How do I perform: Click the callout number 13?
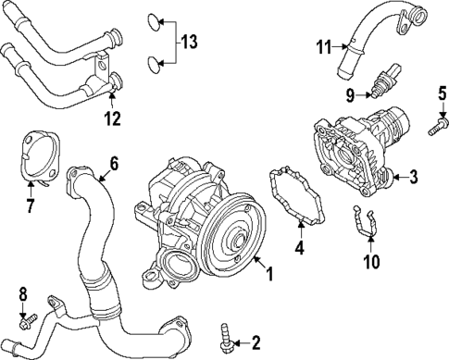tap(189, 42)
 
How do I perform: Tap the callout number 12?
tap(112, 118)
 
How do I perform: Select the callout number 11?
tap(324, 47)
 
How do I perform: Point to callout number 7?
tap(30, 205)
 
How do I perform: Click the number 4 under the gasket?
tap(300, 247)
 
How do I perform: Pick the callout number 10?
tap(371, 261)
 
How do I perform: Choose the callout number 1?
tap(269, 274)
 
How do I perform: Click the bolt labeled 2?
tap(225, 338)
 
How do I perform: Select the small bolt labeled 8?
tap(28, 321)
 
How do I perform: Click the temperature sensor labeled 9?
tap(386, 81)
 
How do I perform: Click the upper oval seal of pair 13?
tap(153, 22)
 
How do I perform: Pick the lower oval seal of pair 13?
tap(154, 65)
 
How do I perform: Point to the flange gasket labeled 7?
tap(40, 160)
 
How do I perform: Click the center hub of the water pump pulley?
tap(238, 239)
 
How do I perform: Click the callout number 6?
tap(114, 165)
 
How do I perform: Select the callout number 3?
tap(413, 177)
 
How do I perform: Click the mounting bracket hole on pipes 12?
tap(101, 65)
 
